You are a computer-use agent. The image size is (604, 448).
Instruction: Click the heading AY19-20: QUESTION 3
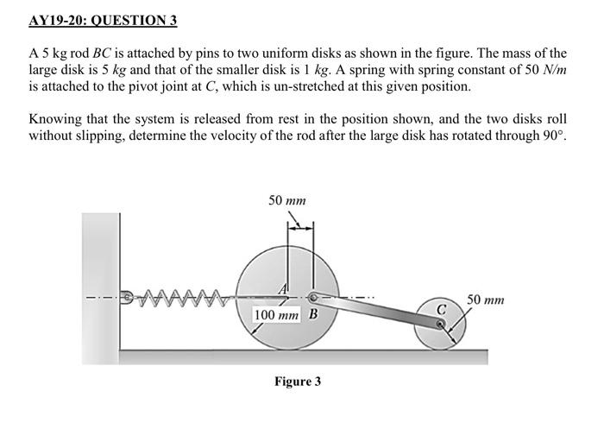point(103,20)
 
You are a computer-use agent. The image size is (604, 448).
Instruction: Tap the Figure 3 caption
point(297,381)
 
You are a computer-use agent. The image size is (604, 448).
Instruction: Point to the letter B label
point(312,313)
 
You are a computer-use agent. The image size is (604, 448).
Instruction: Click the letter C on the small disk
point(440,308)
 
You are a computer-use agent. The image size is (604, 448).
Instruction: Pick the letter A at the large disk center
point(282,287)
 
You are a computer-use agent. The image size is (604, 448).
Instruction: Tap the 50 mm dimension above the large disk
point(287,200)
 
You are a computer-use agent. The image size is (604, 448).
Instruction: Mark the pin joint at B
point(312,298)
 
